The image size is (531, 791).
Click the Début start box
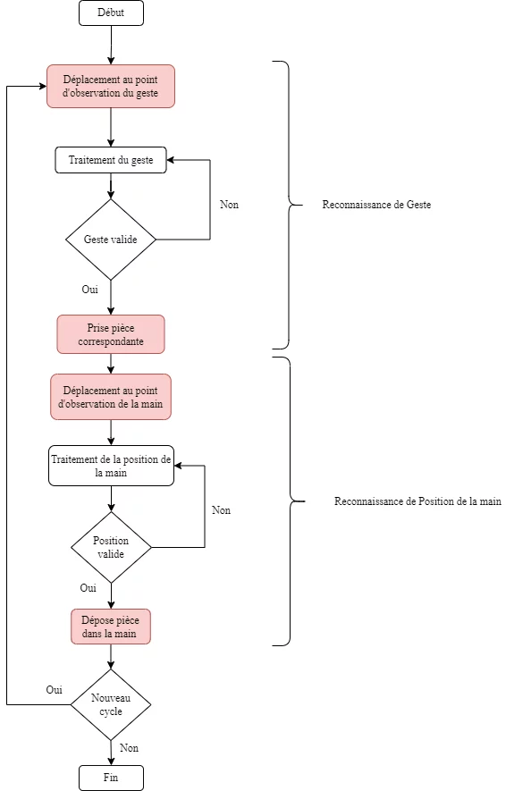point(111,13)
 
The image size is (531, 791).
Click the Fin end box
point(111,778)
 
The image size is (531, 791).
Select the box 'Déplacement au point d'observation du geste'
point(111,87)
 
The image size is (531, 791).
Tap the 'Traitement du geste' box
point(111,160)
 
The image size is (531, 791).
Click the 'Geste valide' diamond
point(111,240)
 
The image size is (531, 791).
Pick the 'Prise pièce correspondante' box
point(111,334)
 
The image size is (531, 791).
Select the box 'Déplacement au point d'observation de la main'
point(111,397)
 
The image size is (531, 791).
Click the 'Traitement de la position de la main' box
point(111,467)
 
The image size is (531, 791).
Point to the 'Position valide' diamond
point(111,547)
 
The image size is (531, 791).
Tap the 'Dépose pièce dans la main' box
point(111,627)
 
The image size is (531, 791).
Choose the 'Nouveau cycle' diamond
point(111,704)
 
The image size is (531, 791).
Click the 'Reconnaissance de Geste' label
point(376,205)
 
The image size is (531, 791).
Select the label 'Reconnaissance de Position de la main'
point(418,501)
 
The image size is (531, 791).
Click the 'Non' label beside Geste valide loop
point(229,205)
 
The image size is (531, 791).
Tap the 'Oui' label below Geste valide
point(90,289)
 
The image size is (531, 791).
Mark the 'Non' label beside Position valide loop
point(221,510)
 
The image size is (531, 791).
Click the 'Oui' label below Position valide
point(88,588)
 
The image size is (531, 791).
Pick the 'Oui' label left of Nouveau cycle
point(54,690)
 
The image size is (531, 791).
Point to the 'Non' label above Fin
point(130,748)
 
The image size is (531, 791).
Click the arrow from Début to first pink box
point(111,45)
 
